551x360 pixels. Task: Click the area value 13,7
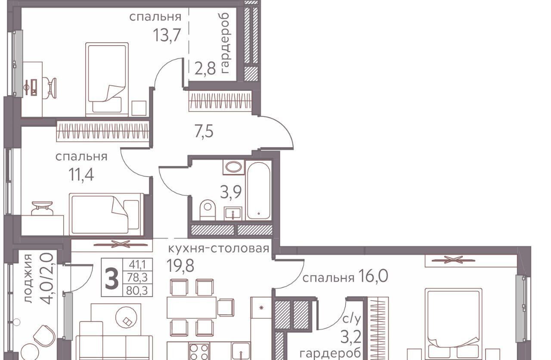pyautogui.click(x=167, y=35)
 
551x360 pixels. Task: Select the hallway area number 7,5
pyautogui.click(x=204, y=132)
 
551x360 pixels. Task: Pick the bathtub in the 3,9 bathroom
pyautogui.click(x=259, y=190)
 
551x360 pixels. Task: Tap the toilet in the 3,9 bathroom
pyautogui.click(x=207, y=210)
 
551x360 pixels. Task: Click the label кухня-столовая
pyautogui.click(x=219, y=249)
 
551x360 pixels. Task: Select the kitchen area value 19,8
pyautogui.click(x=180, y=266)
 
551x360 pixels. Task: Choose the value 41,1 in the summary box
pyautogui.click(x=137, y=264)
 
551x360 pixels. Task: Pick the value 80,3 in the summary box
pyautogui.click(x=137, y=291)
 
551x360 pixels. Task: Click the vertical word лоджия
pyautogui.click(x=28, y=278)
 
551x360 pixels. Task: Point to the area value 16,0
pyautogui.click(x=373, y=276)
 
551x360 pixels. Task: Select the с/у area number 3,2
pyautogui.click(x=351, y=337)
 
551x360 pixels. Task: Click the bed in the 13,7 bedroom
pyautogui.click(x=107, y=79)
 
